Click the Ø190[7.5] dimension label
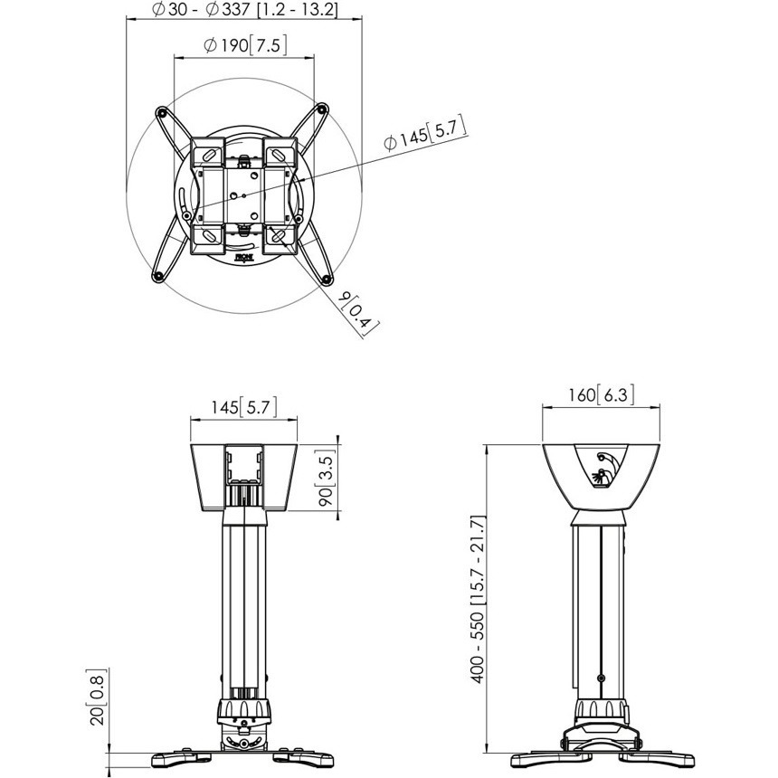point(245,45)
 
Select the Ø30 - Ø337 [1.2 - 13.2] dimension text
point(244,9)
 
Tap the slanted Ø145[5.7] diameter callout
point(425,134)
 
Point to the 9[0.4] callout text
point(358,315)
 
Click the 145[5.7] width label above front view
point(243,407)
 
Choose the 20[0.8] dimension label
point(98,697)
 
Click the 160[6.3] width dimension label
point(601,394)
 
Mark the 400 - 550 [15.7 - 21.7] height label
point(478,599)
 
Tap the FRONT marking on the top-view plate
point(244,258)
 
